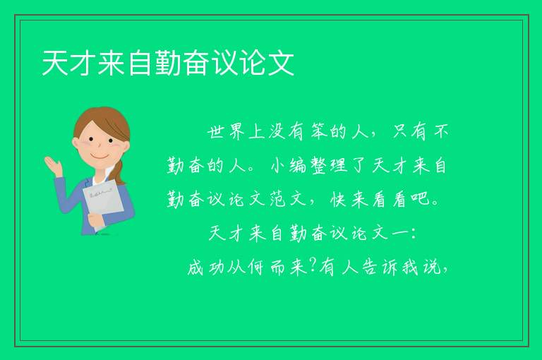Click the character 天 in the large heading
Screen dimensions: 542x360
(x=55, y=63)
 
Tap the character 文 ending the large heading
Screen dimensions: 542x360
(x=281, y=63)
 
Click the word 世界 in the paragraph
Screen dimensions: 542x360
(x=226, y=131)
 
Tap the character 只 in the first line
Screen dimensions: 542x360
(x=400, y=131)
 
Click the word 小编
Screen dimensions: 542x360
(x=289, y=165)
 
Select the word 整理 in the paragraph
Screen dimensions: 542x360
(x=330, y=165)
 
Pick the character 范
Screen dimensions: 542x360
(x=278, y=199)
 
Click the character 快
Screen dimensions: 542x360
(x=339, y=199)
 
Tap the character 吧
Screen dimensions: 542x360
(x=421, y=199)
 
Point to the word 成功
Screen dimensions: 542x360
(x=205, y=268)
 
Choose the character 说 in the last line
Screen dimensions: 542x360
(x=432, y=268)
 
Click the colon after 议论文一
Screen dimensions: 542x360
(x=412, y=234)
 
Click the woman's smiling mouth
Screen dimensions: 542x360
(x=100, y=156)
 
